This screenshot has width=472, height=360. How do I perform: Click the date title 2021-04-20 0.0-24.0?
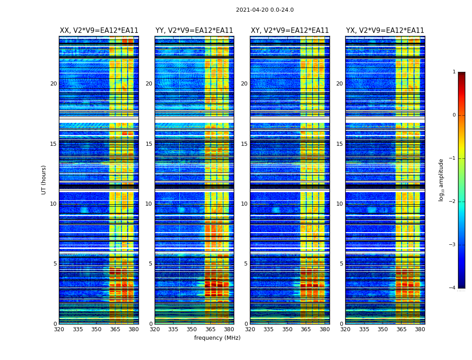pos(265,10)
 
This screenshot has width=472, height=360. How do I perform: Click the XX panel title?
pos(99,31)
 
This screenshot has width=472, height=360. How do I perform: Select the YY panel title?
pos(194,31)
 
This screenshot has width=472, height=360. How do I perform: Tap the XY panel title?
pos(290,31)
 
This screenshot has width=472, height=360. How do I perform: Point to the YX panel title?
pos(385,31)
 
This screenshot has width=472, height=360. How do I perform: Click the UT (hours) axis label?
pos(44,180)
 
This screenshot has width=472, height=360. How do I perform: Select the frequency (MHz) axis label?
pos(217,338)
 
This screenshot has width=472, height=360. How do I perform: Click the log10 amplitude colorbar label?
pos(441,180)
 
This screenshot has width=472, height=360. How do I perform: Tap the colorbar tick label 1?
pos(454,72)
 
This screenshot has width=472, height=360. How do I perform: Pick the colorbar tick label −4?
pos(452,288)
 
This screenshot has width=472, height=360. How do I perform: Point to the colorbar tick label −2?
pos(452,202)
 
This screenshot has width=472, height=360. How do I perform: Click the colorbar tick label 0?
pos(454,115)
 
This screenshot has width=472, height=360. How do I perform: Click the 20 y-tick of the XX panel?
pos(53,84)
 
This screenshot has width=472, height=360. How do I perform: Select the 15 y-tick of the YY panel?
pos(149,144)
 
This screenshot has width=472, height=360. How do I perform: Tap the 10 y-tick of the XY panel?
pos(244,204)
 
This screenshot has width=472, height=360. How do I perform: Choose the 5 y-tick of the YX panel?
pos(341,264)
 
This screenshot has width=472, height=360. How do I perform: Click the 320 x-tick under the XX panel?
pos(59,329)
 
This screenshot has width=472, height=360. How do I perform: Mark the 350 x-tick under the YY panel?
pos(192,329)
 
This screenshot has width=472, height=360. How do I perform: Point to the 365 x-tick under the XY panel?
pos(306,329)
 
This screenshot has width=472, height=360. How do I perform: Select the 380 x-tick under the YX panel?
pos(420,329)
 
